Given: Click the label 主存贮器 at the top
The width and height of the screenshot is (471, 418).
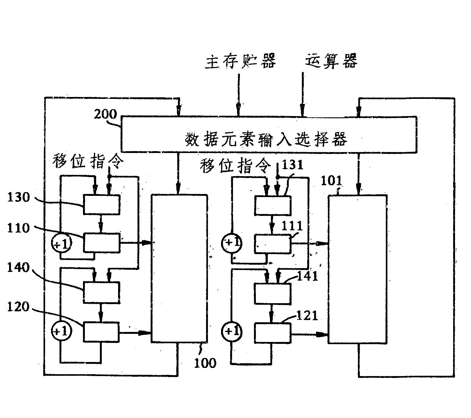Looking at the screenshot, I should [240, 61].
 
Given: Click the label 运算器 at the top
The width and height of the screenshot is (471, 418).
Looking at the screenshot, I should [331, 60].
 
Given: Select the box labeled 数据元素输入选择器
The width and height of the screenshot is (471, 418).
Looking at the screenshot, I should [269, 135].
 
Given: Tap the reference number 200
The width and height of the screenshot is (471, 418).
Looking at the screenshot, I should [106, 114].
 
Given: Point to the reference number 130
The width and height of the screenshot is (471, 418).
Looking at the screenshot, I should [18, 197].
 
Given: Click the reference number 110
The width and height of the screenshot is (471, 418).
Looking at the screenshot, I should [18, 228].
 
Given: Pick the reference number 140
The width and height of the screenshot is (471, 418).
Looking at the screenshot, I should [18, 268].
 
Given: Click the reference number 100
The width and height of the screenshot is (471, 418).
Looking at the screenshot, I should [205, 363].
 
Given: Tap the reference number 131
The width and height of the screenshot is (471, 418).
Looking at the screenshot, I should [292, 165].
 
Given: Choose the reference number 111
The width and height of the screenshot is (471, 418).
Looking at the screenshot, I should [292, 226].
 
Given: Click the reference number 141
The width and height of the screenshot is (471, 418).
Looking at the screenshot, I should [307, 276].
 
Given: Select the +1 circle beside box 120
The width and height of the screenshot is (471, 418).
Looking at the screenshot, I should [61, 331].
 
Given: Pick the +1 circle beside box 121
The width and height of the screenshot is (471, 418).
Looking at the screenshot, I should [232, 331].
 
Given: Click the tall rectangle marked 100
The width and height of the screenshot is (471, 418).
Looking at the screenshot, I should [179, 268].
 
